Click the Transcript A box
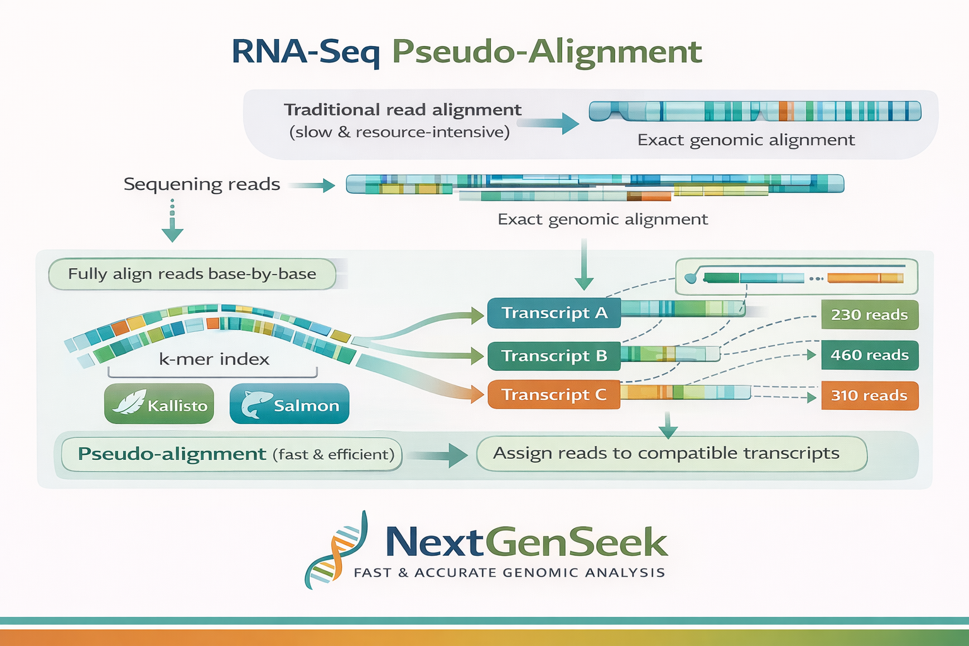(x=554, y=313)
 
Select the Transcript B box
(x=554, y=356)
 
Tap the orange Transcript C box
(x=554, y=395)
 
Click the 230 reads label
(x=869, y=315)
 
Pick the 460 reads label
(x=869, y=355)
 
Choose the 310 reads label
(x=869, y=396)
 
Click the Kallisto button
(x=160, y=404)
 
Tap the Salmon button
(x=290, y=404)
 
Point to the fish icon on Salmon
(x=255, y=404)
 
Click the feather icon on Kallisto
(x=129, y=402)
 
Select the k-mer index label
(x=214, y=360)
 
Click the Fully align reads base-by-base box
(x=192, y=274)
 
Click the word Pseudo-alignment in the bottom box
(x=172, y=454)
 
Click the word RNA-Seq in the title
(x=306, y=52)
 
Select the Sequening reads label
(x=202, y=184)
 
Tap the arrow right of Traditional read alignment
(x=549, y=123)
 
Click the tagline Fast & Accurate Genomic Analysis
(x=509, y=573)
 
